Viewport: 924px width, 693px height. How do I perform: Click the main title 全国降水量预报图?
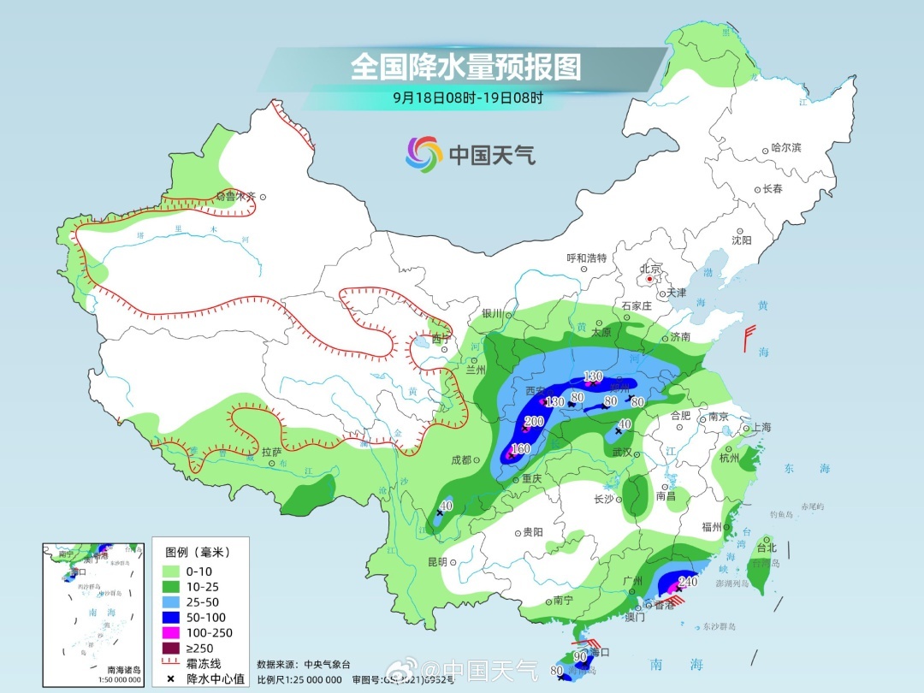click(465, 67)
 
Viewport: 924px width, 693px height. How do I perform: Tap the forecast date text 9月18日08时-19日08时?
click(467, 98)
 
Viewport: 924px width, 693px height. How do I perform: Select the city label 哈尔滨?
click(785, 148)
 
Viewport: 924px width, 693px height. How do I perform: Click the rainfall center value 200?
click(534, 422)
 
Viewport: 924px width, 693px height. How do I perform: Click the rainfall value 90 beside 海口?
click(581, 656)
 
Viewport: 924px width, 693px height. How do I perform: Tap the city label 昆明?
click(436, 562)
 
